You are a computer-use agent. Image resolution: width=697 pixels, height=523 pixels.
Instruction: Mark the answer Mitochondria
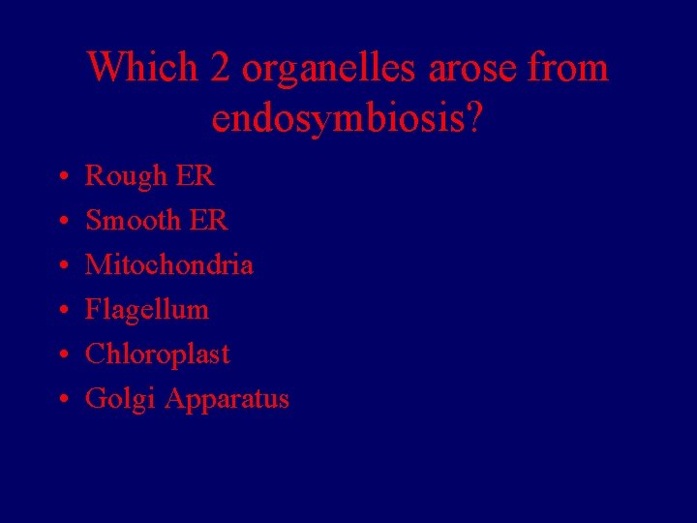[169, 264]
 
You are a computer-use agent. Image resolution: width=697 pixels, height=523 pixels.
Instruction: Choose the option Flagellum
[147, 310]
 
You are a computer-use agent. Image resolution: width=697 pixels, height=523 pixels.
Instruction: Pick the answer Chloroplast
[158, 354]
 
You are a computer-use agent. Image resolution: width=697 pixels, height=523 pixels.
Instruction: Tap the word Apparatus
[227, 399]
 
